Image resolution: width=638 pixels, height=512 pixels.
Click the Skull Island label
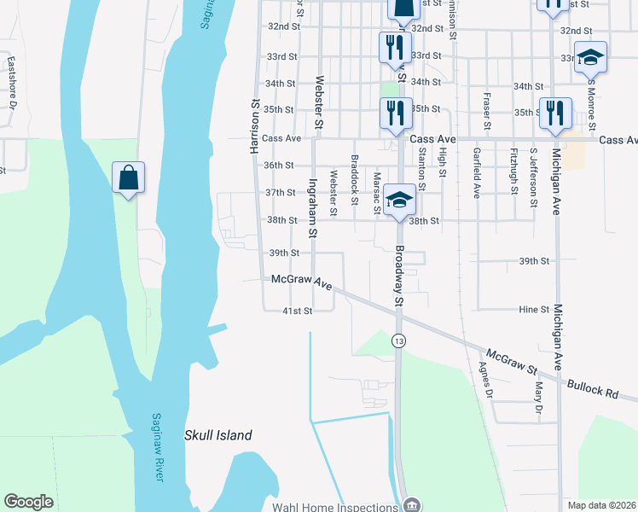point(218,435)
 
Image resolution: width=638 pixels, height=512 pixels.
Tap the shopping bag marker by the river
point(128,178)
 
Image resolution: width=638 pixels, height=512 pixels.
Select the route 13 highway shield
point(398,340)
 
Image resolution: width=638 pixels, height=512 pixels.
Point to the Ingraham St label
point(313,208)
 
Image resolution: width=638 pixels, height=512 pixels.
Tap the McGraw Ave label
point(301,282)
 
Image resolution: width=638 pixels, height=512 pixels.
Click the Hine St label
point(533,310)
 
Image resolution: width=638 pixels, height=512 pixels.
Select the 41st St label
point(298,311)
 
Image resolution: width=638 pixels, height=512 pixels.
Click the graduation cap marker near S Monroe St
point(590,57)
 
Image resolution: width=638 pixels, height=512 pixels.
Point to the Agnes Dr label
point(486,378)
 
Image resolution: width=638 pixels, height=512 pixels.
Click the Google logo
point(28,502)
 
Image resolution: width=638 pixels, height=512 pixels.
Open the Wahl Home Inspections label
point(335,507)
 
